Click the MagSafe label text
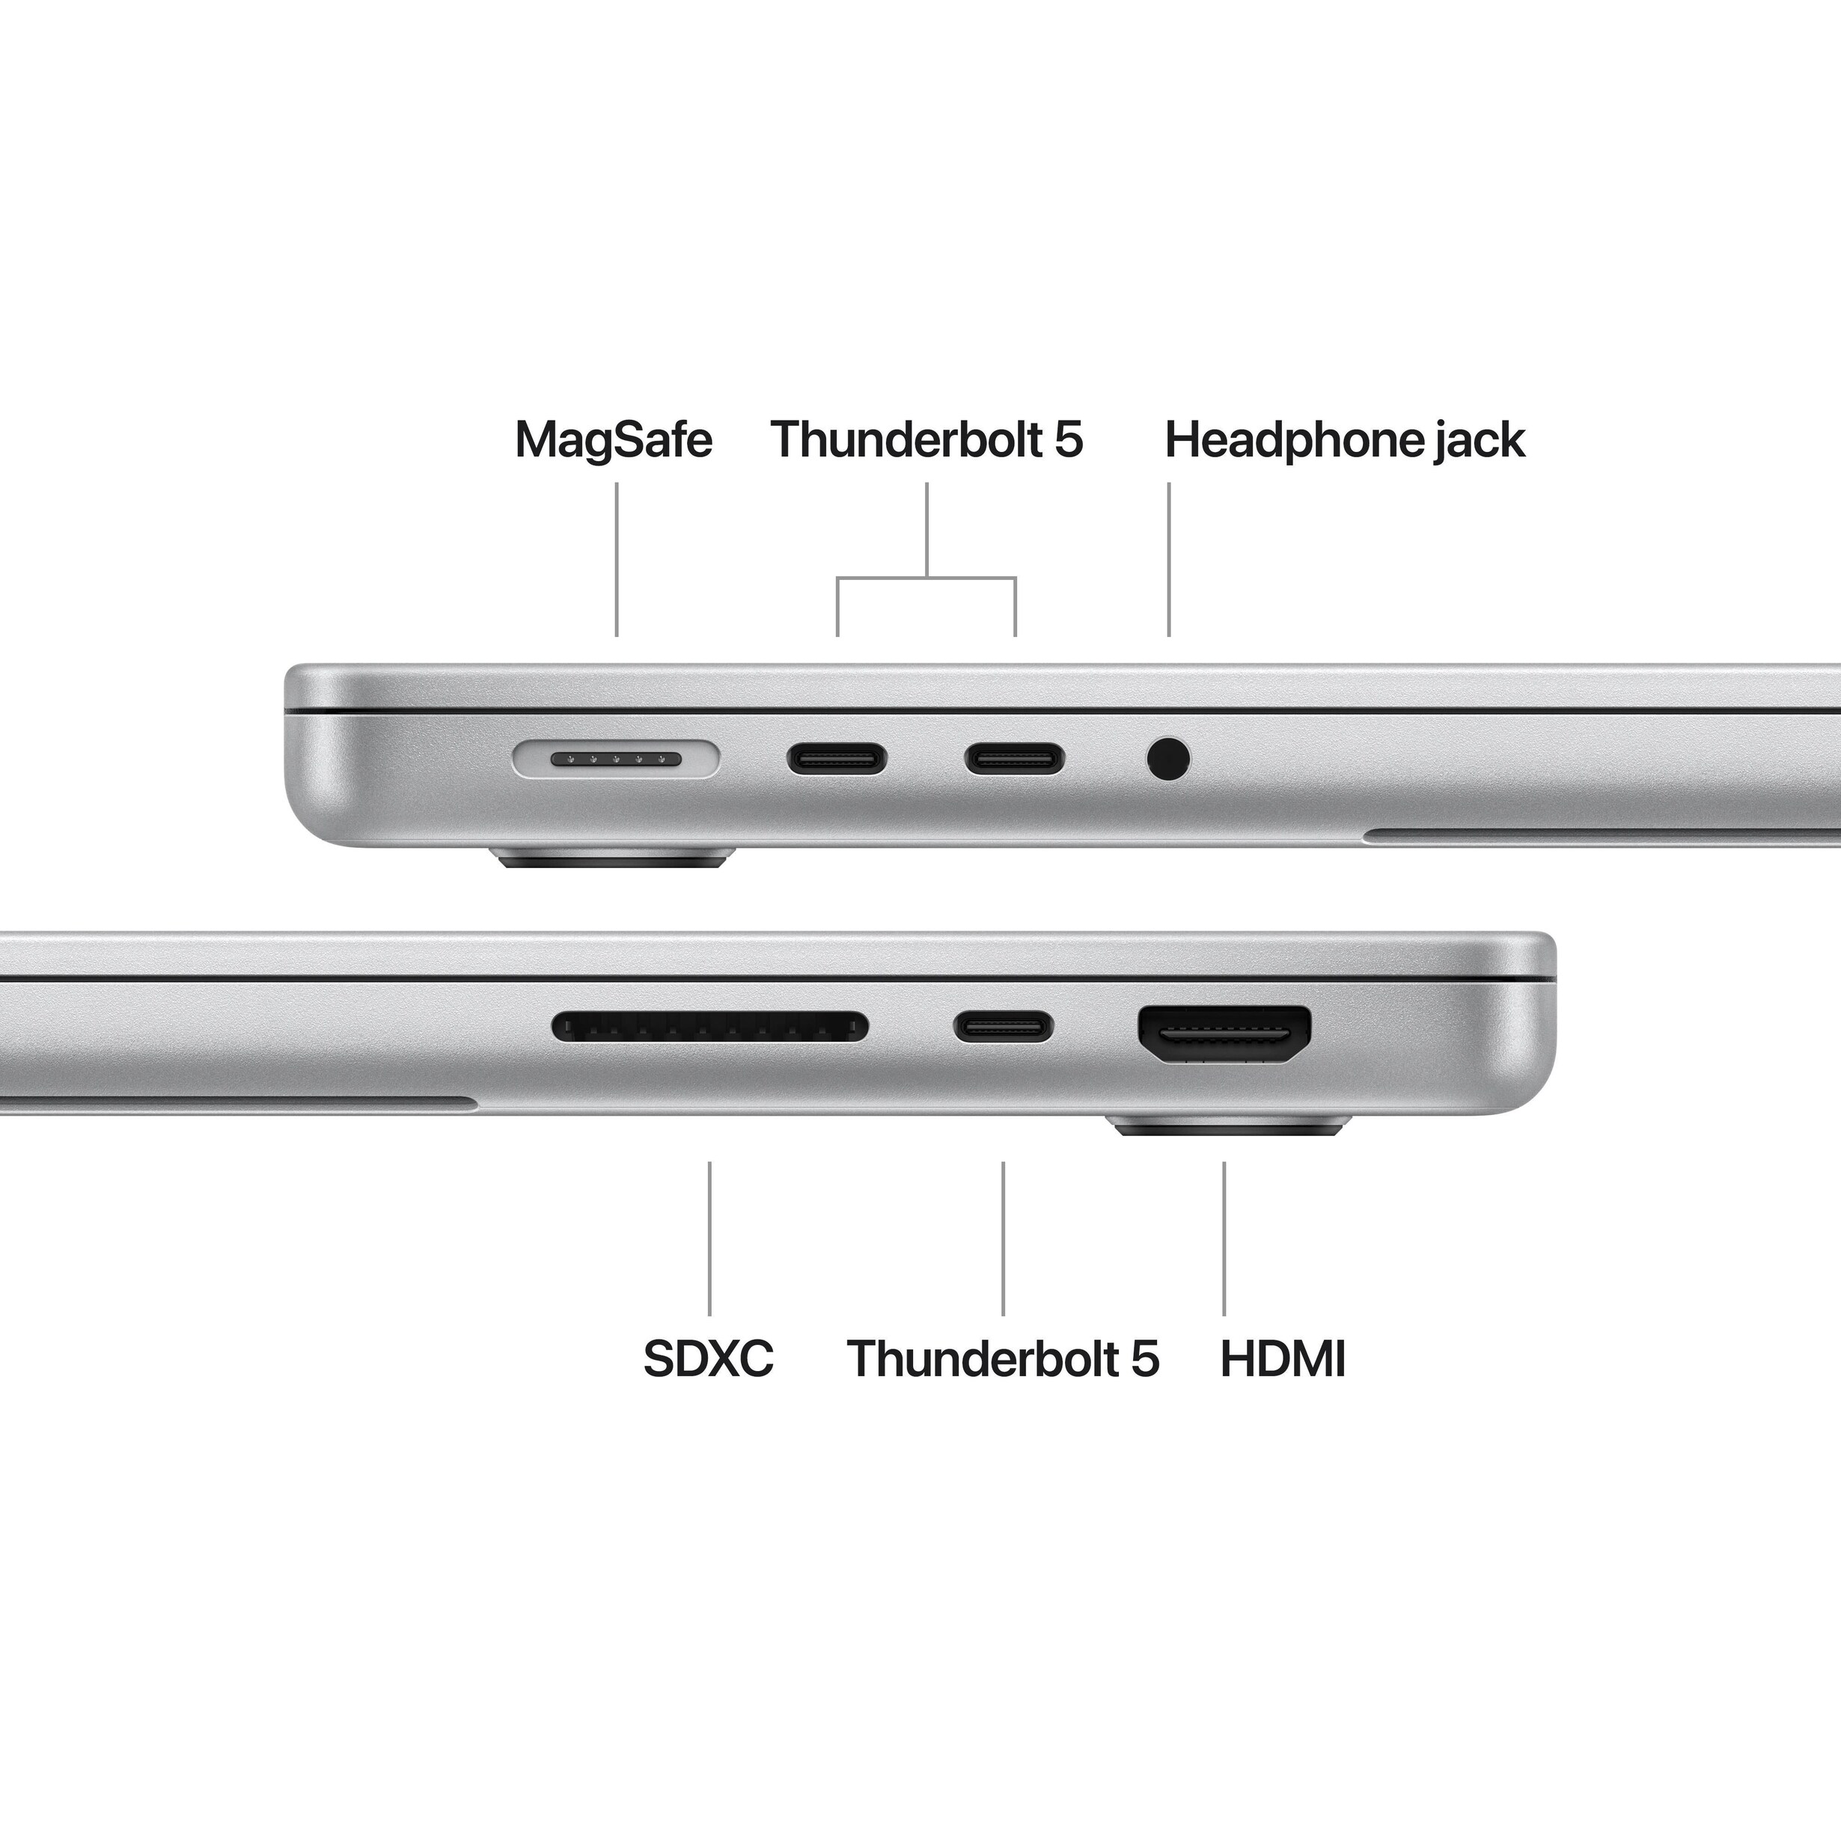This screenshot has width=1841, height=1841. (x=613, y=440)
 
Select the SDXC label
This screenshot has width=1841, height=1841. (x=708, y=1359)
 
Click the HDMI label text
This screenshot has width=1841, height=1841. (x=1283, y=1359)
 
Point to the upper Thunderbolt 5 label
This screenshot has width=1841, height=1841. (x=926, y=440)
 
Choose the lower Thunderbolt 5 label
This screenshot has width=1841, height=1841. (x=1003, y=1359)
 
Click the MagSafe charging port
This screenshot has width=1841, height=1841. (x=616, y=760)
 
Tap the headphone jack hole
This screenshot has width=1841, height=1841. (x=1168, y=760)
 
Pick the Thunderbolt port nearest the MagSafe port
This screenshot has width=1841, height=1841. (x=837, y=760)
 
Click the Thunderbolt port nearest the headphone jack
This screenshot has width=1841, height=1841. (x=1015, y=760)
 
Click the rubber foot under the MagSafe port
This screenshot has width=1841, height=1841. (x=616, y=861)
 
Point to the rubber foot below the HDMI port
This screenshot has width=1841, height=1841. (x=1232, y=1127)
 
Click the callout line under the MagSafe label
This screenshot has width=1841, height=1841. (x=617, y=558)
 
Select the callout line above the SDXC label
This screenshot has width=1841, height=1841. (x=709, y=1239)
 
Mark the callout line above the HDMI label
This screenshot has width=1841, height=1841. (x=1224, y=1239)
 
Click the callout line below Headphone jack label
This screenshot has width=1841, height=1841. (x=1169, y=558)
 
